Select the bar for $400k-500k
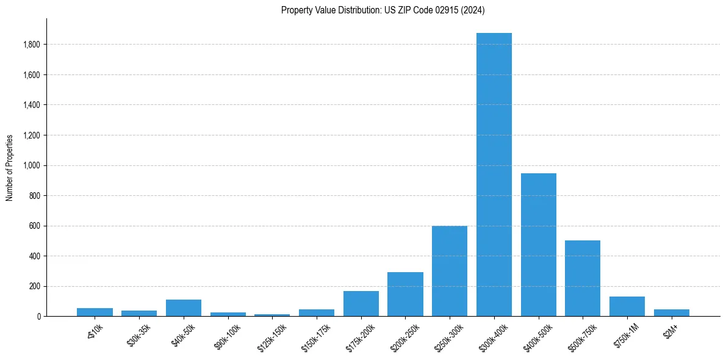click(x=539, y=245)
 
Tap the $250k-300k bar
click(x=450, y=271)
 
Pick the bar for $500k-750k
click(x=583, y=278)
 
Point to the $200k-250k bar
click(x=405, y=294)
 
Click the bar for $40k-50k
click(x=184, y=308)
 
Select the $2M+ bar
click(x=672, y=312)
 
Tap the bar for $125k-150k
click(x=272, y=315)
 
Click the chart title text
click(x=383, y=10)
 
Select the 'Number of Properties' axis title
click(x=10, y=168)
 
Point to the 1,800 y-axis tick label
click(x=32, y=45)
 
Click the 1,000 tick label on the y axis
click(x=32, y=165)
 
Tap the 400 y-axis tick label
click(x=35, y=256)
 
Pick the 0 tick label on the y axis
click(x=38, y=317)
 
